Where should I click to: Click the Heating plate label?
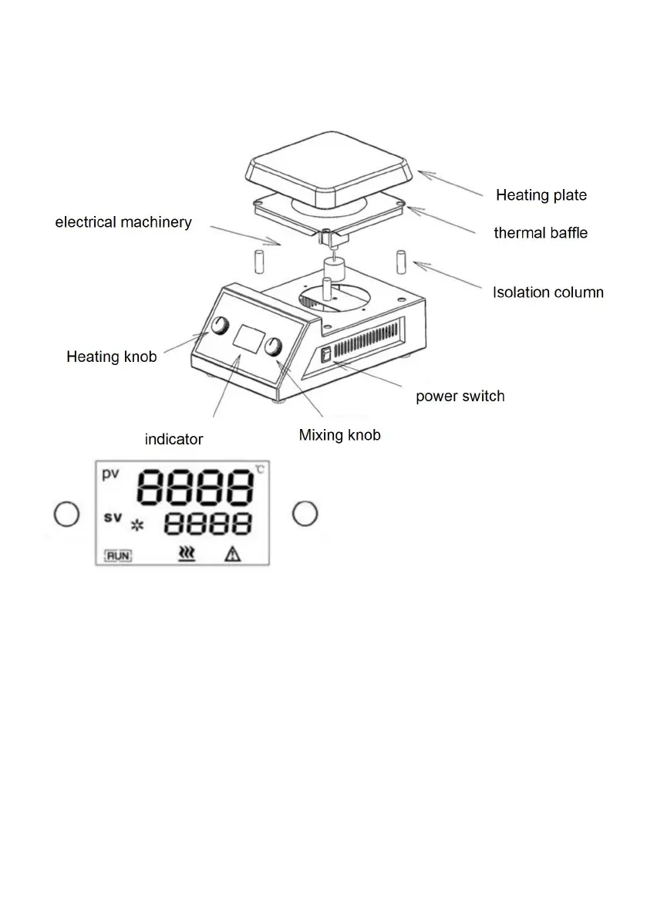[541, 195]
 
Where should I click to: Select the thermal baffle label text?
[540, 232]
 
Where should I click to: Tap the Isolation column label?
[548, 292]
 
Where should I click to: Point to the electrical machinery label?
[123, 222]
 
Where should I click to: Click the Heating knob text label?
[111, 356]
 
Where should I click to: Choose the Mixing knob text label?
[339, 435]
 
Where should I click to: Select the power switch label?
[460, 397]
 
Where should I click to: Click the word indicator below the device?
[174, 440]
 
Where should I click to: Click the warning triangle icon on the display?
[232, 553]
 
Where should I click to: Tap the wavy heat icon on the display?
[186, 553]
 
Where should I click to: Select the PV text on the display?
[111, 475]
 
